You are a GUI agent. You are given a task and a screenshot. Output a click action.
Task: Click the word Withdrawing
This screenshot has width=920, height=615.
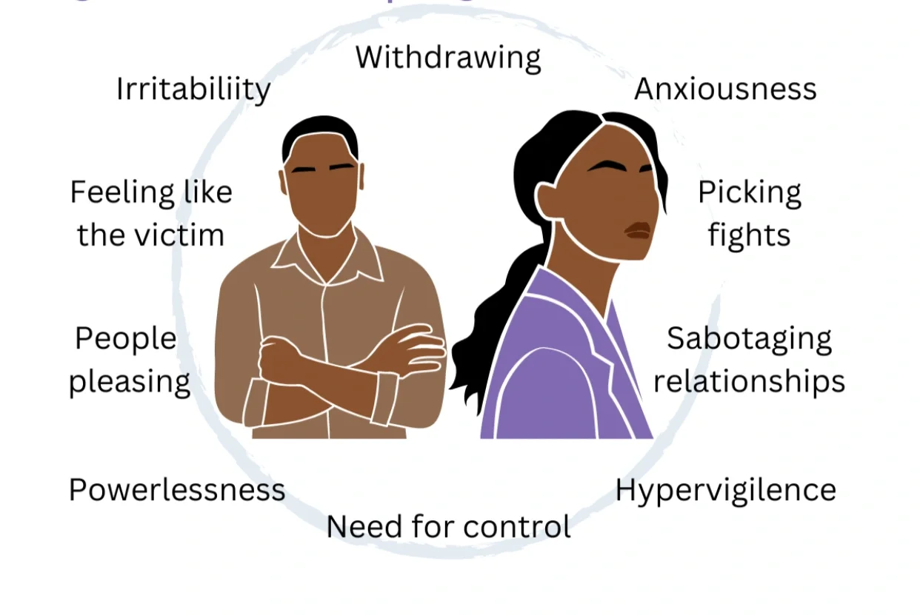(x=448, y=58)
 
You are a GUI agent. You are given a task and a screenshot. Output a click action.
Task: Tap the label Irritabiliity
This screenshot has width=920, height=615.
(x=193, y=90)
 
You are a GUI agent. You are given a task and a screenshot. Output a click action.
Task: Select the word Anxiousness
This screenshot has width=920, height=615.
(x=725, y=90)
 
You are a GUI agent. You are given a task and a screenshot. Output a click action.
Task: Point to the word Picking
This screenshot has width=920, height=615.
(x=749, y=194)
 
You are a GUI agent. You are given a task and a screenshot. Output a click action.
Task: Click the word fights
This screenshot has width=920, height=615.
(x=749, y=236)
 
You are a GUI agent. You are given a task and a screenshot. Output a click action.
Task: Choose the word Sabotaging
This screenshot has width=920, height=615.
(x=749, y=339)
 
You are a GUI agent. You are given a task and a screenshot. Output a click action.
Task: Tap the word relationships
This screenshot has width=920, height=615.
(x=749, y=381)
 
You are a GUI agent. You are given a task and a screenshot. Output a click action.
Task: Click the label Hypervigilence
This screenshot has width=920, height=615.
(x=725, y=490)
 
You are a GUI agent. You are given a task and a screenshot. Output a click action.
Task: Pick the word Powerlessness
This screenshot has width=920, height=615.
(x=176, y=490)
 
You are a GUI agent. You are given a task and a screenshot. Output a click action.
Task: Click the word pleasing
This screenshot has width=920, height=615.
(x=130, y=382)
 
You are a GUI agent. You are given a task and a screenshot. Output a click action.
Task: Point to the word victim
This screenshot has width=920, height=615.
(x=182, y=235)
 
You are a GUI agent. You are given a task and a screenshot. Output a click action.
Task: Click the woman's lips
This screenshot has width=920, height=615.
(x=638, y=230)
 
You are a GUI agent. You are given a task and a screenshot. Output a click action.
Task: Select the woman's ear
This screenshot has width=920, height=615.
(x=548, y=200)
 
